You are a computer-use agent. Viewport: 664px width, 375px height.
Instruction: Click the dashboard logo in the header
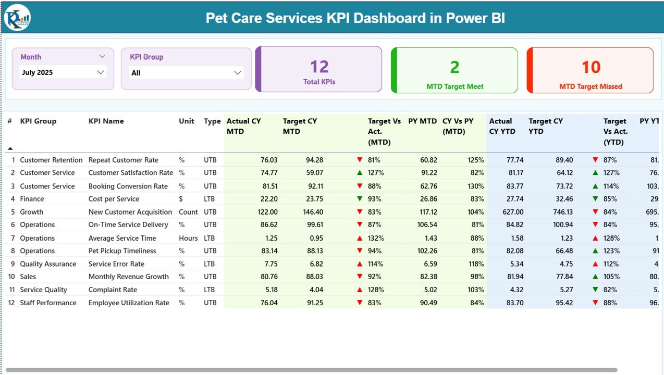point(18,18)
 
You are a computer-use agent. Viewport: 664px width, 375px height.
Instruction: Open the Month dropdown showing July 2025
point(101,72)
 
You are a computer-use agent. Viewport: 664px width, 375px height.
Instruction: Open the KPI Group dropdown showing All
point(238,73)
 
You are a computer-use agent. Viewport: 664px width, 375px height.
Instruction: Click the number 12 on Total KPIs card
point(319,67)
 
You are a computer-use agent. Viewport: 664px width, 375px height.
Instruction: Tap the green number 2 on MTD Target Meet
point(454,67)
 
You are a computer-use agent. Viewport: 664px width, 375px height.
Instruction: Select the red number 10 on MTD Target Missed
point(591,67)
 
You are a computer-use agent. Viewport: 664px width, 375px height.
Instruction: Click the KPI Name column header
point(106,121)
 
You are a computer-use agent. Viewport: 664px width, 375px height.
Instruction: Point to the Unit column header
point(187,121)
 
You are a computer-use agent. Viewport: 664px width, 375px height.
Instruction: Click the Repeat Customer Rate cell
point(124,160)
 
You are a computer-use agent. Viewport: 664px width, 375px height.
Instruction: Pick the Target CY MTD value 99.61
point(312,224)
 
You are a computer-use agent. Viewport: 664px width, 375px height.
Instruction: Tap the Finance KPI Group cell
point(32,198)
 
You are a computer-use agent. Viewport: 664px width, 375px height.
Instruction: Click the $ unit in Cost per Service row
point(181,198)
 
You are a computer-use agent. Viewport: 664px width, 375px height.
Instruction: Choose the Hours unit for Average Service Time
point(188,238)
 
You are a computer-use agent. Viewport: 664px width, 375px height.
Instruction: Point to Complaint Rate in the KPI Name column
point(113,290)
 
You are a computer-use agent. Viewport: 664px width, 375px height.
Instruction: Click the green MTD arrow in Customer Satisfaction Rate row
point(360,172)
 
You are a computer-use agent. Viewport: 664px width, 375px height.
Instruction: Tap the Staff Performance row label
point(48,303)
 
